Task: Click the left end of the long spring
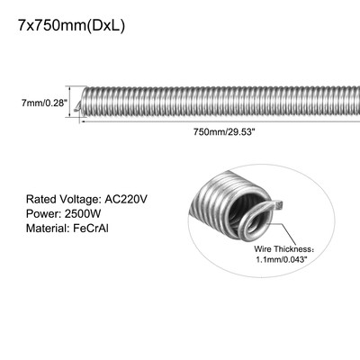pyautogui.click(x=84, y=105)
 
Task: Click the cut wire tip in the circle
pyautogui.click(x=275, y=208)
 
